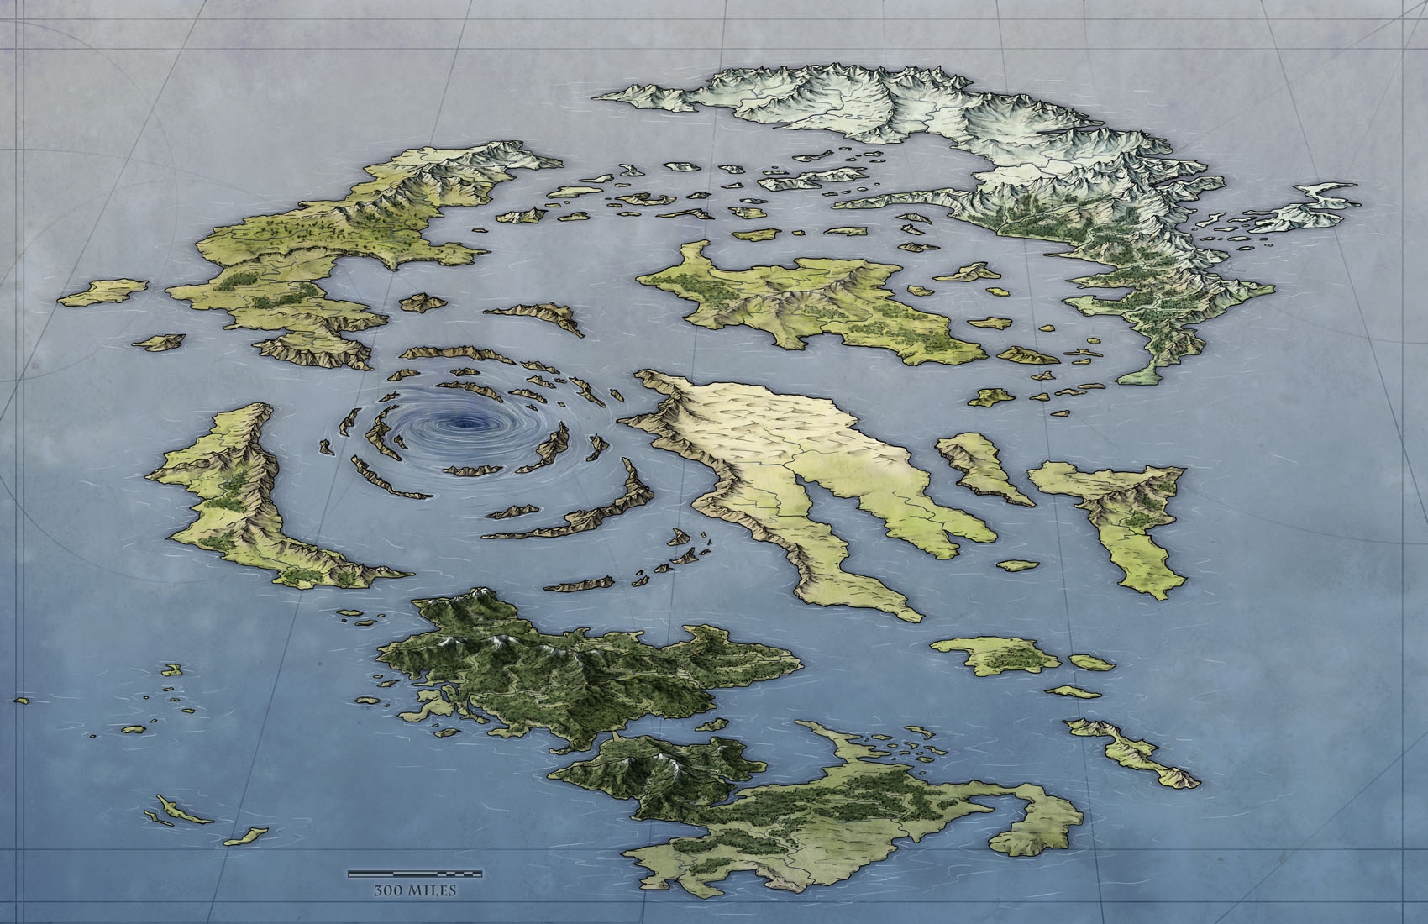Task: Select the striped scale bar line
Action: coord(403,875)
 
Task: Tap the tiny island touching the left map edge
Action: coord(21,699)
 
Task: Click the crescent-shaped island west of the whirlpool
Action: coord(235,496)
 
